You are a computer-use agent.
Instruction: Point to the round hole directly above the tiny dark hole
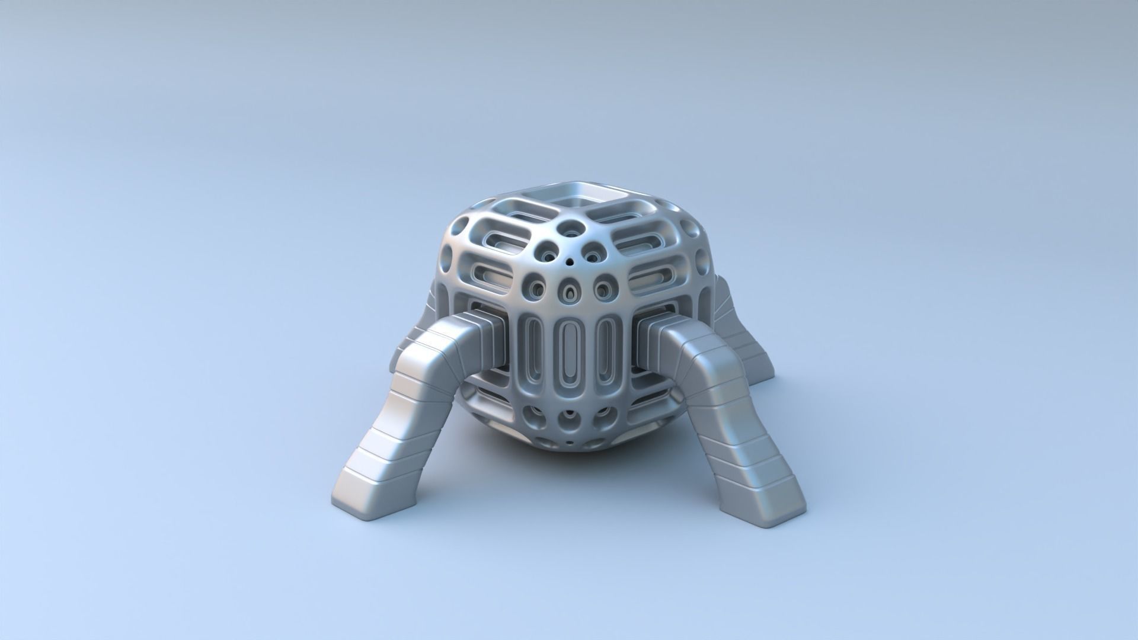pos(572,226)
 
